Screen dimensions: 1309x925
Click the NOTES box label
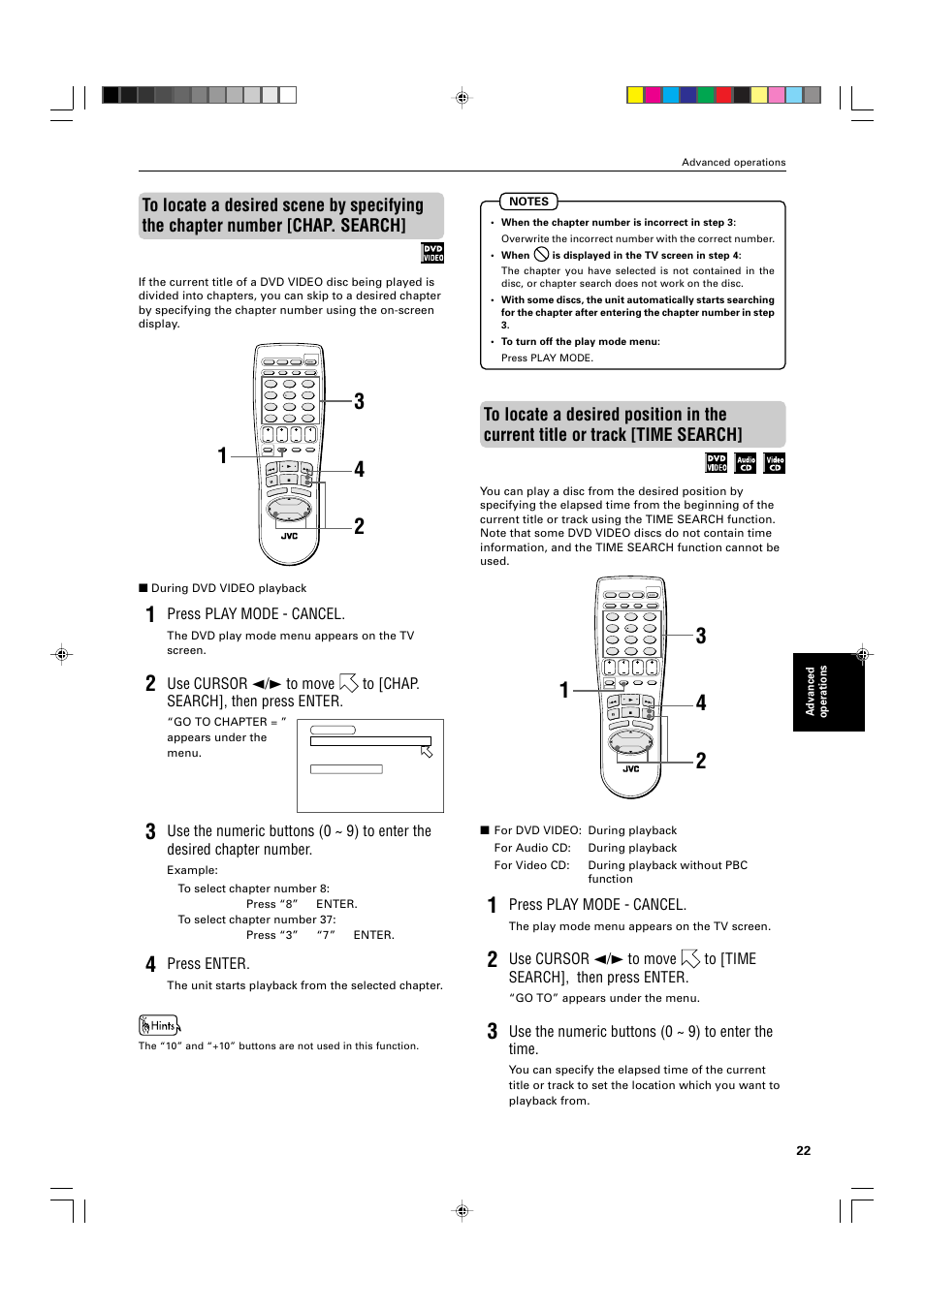(x=528, y=202)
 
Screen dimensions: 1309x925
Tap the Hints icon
(x=159, y=1025)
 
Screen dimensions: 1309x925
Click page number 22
(x=803, y=1150)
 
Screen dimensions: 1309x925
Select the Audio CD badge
(x=745, y=463)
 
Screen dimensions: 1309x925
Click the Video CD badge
(x=775, y=463)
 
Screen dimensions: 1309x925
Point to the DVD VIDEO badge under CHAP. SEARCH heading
(x=432, y=253)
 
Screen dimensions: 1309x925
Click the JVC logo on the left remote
(x=289, y=536)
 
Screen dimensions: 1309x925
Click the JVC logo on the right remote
(x=630, y=769)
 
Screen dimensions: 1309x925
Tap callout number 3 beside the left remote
(x=359, y=402)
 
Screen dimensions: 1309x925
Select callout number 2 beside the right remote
(x=700, y=761)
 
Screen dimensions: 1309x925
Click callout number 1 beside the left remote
(x=222, y=455)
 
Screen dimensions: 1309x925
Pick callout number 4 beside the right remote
(x=700, y=703)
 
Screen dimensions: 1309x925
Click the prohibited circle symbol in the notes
(x=541, y=255)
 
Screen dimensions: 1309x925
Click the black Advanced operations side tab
(x=828, y=691)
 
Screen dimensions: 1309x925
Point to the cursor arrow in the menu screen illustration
(x=427, y=751)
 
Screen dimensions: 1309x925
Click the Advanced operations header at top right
(x=733, y=162)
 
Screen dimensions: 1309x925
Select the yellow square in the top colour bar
(x=635, y=95)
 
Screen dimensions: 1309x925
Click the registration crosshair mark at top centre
(x=462, y=98)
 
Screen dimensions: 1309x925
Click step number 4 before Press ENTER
(x=150, y=964)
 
